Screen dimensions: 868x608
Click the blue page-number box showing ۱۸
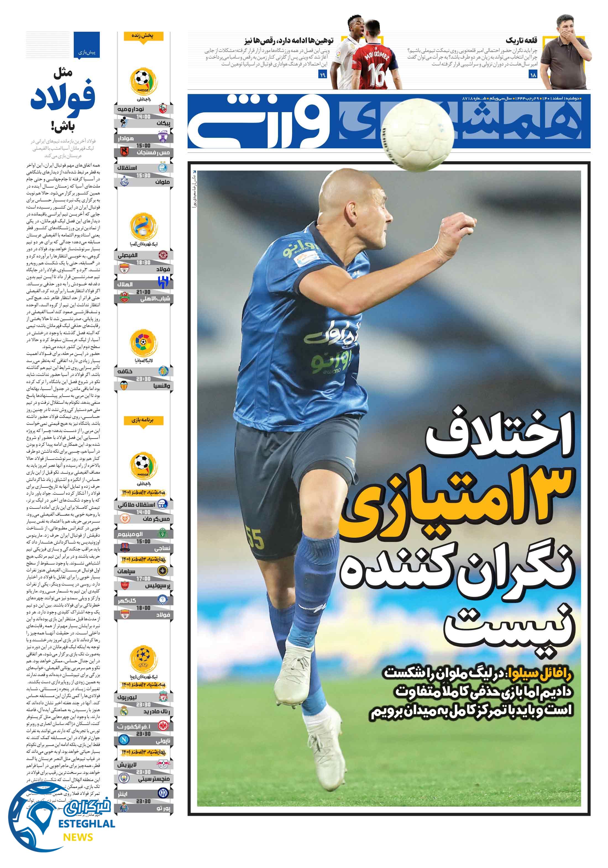[x=533, y=75]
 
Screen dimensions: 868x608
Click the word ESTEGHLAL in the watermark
[x=87, y=823]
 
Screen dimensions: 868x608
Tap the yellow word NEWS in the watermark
[x=78, y=837]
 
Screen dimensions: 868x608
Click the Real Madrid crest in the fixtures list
[x=124, y=711]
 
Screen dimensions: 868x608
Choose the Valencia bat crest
[x=124, y=386]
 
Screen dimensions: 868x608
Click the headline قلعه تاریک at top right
[x=521, y=40]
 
